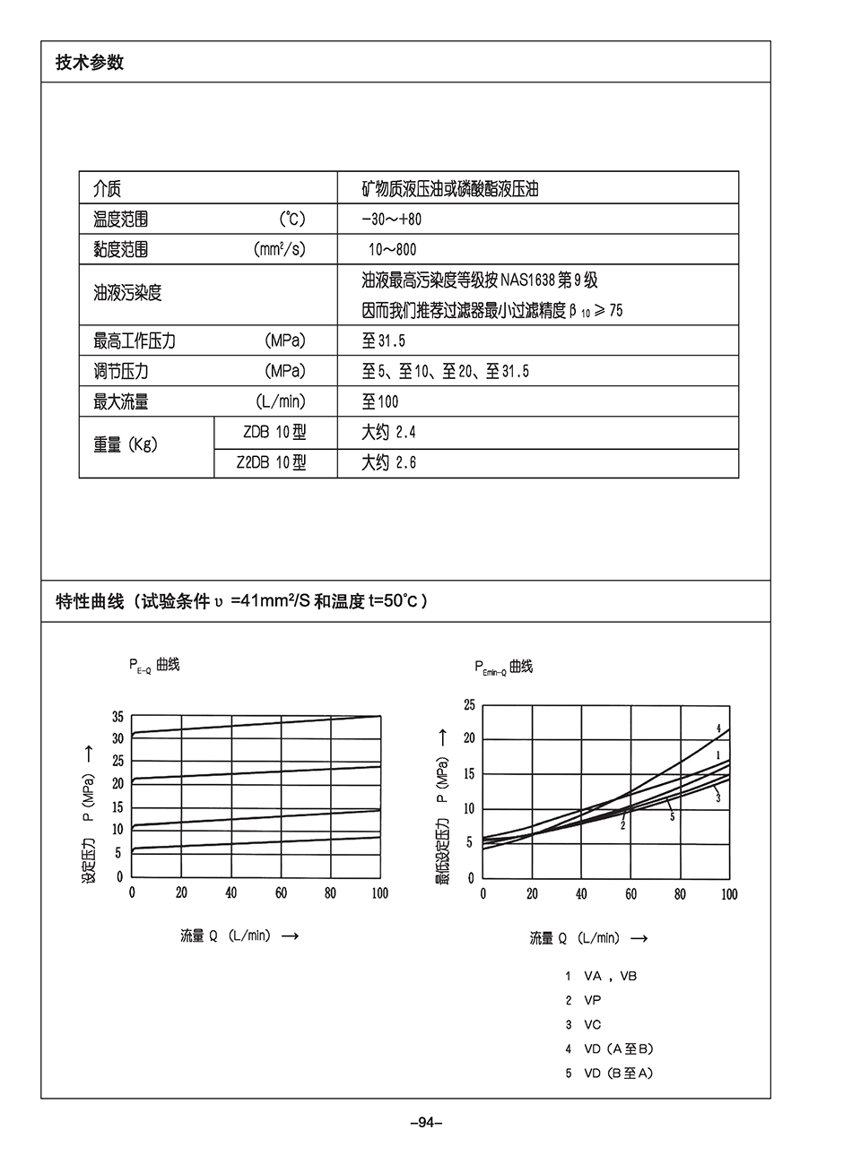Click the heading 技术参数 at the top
pyautogui.click(x=90, y=62)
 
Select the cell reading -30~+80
pyautogui.click(x=391, y=219)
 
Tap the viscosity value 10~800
pyautogui.click(x=392, y=249)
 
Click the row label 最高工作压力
pyautogui.click(x=135, y=340)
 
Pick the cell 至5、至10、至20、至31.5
pyautogui.click(x=445, y=371)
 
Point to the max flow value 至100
pyautogui.click(x=380, y=401)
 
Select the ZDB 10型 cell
pyautogui.click(x=274, y=432)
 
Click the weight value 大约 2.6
pyautogui.click(x=388, y=462)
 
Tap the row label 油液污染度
pyautogui.click(x=127, y=293)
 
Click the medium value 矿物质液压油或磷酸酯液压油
pyautogui.click(x=449, y=189)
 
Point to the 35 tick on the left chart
pyautogui.click(x=117, y=716)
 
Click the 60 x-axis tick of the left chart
pyautogui.click(x=281, y=892)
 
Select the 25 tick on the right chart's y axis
pyautogui.click(x=469, y=705)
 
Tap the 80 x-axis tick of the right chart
pyautogui.click(x=680, y=894)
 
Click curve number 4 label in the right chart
pyautogui.click(x=718, y=728)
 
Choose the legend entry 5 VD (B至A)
pyautogui.click(x=609, y=1073)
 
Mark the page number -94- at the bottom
pyautogui.click(x=426, y=1122)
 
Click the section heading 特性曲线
pyautogui.click(x=90, y=601)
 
